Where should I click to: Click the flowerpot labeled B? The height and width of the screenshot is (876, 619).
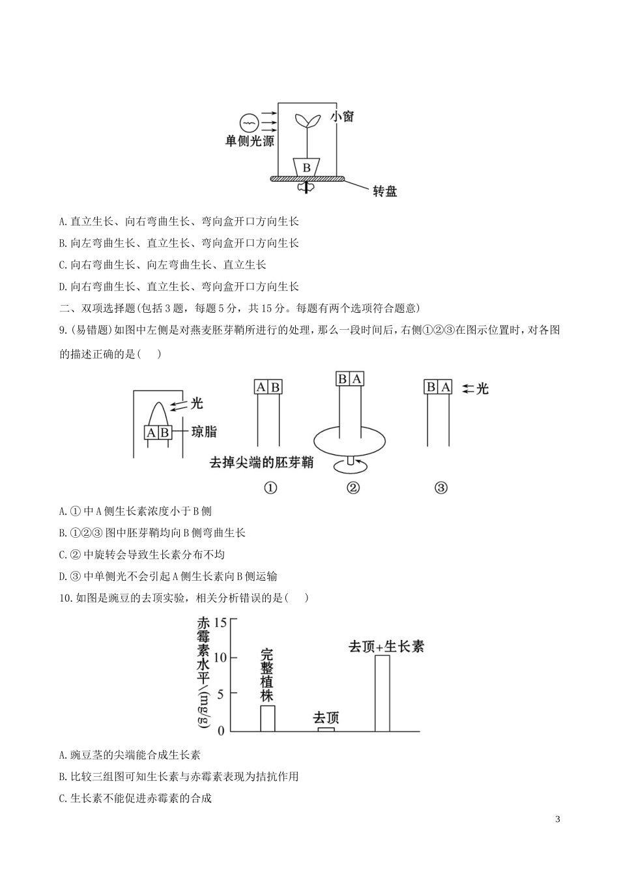[306, 167]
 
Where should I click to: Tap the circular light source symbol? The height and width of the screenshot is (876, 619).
[249, 122]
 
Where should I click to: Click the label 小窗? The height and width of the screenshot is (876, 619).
[342, 117]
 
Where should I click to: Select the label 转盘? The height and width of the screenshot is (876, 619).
[384, 191]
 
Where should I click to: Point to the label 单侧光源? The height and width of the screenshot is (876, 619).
[250, 141]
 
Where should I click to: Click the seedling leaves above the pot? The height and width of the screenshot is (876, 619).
[306, 120]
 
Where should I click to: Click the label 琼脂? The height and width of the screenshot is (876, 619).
[204, 431]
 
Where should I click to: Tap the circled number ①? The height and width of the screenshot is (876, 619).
[270, 488]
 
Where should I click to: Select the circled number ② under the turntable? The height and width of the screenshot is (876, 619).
[353, 488]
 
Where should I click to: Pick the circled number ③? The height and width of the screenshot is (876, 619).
[440, 488]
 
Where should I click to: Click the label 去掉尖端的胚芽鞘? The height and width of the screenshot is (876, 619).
[261, 462]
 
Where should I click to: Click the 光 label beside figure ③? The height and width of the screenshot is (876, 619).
[482, 388]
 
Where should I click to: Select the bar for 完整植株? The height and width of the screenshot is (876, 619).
[268, 718]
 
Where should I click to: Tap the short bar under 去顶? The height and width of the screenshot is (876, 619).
[326, 729]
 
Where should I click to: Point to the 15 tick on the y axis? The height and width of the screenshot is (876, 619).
[220, 622]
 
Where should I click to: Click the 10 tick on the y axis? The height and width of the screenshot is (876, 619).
[220, 658]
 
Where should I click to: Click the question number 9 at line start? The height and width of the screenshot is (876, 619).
[62, 330]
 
